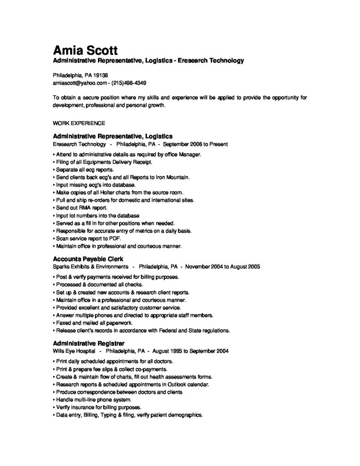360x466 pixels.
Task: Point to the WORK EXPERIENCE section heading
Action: click(79, 123)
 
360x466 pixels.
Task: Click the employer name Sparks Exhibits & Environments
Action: click(91, 267)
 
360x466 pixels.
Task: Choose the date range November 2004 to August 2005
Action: click(223, 267)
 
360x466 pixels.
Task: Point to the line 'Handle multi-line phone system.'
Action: click(92, 399)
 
